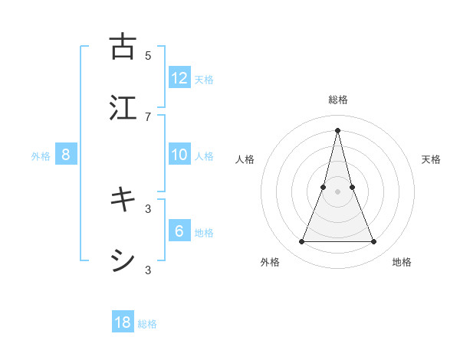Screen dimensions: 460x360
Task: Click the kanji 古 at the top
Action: coord(123,47)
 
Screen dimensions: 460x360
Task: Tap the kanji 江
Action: coord(123,107)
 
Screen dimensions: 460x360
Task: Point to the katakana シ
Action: coord(123,260)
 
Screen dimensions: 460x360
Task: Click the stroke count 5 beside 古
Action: coord(148,55)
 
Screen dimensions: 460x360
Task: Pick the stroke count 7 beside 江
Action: coord(148,116)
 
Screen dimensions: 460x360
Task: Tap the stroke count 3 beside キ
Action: coord(148,208)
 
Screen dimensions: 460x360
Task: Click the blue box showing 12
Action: coord(179,77)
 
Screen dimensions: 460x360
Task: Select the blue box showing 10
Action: coord(179,155)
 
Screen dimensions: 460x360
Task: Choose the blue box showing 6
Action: coord(179,231)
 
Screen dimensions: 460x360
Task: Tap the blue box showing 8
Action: coord(66,155)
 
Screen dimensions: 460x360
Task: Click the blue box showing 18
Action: coord(123,322)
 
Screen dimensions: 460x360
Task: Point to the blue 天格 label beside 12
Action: coord(204,79)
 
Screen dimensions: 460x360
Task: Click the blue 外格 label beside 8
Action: coord(41,156)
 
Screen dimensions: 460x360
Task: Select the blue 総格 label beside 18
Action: coord(147,324)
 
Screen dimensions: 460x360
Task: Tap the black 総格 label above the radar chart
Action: coord(337,100)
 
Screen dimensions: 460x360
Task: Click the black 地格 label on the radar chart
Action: coord(402,262)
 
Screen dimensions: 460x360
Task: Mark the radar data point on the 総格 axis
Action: coord(337,129)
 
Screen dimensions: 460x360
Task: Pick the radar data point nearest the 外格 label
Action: coord(301,242)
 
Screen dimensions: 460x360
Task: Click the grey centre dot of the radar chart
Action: coord(337,191)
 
